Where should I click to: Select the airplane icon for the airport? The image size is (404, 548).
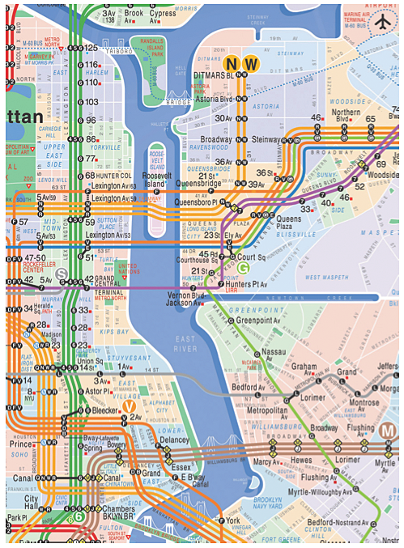(381, 23)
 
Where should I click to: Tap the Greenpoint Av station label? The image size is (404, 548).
(261, 321)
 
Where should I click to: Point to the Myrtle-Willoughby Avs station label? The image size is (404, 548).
(321, 491)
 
